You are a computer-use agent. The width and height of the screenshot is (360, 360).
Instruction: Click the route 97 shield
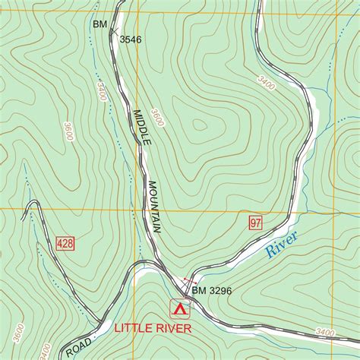(x=254, y=223)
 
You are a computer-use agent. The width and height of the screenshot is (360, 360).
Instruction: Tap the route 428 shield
(x=65, y=244)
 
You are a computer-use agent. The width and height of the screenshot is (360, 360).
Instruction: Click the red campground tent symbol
(x=180, y=309)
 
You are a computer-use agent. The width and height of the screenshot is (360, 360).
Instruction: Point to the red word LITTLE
(x=135, y=329)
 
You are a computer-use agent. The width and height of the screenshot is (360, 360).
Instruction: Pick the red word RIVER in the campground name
(x=174, y=329)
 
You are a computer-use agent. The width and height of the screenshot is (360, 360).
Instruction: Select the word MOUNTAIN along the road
(x=155, y=206)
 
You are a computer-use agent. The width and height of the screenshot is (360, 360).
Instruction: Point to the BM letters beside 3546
(x=99, y=25)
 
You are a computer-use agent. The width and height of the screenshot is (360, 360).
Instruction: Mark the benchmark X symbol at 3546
(x=113, y=31)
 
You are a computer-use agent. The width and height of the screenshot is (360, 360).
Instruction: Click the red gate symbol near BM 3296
(x=189, y=282)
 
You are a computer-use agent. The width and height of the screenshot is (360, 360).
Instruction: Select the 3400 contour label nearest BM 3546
(x=100, y=92)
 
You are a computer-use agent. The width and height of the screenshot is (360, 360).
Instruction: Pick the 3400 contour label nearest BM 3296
(x=324, y=333)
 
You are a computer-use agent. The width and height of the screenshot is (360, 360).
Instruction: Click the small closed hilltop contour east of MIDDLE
(x=199, y=125)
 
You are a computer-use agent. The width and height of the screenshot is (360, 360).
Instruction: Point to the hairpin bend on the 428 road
(x=31, y=204)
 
